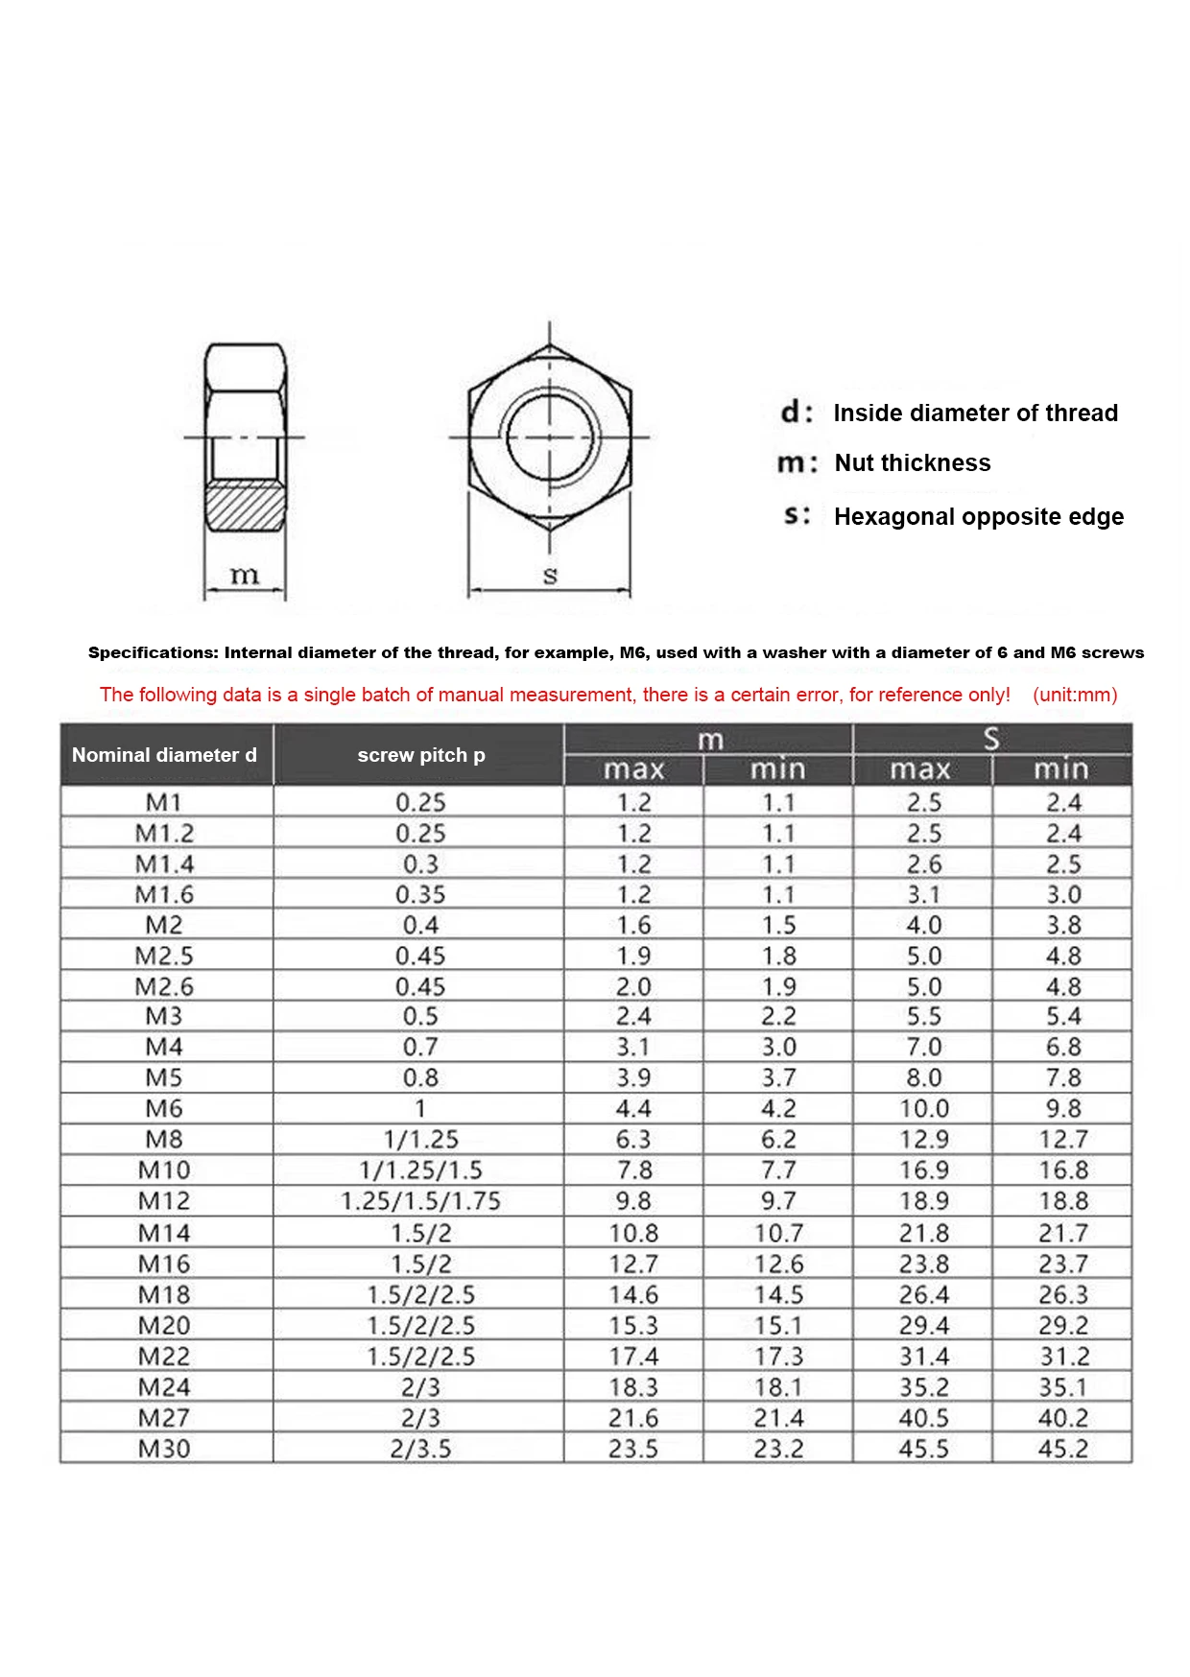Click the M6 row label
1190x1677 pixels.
tap(164, 1109)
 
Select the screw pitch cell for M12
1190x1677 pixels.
tap(420, 1201)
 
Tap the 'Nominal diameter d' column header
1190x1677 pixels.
tap(164, 755)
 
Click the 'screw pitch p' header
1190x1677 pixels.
tap(420, 755)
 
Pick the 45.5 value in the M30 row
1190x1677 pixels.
tap(923, 1449)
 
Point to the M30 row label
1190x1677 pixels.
tap(164, 1449)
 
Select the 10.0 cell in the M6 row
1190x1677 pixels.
tap(923, 1109)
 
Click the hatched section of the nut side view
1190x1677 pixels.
tap(246, 507)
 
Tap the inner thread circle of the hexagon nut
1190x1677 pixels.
tap(549, 437)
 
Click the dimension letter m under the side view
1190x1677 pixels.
tap(245, 575)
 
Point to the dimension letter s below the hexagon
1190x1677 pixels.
tap(550, 576)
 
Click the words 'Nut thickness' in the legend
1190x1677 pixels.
tap(912, 463)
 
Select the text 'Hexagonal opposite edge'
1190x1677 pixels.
tap(978, 517)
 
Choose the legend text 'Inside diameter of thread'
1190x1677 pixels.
tap(975, 413)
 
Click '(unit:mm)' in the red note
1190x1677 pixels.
tap(1075, 695)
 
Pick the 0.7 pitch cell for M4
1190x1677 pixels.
tap(420, 1048)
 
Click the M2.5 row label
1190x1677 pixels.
tap(164, 957)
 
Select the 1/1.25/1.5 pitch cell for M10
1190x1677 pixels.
tap(420, 1170)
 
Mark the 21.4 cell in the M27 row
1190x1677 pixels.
tap(778, 1418)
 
